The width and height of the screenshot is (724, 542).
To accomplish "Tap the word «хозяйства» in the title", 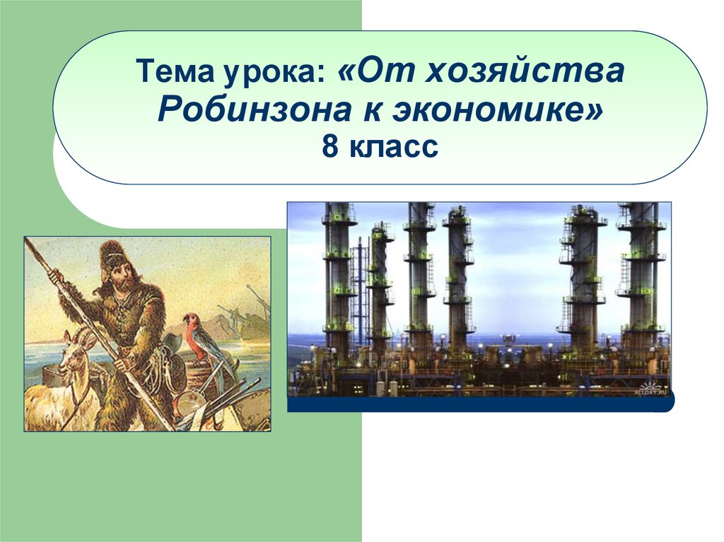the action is tap(525, 72).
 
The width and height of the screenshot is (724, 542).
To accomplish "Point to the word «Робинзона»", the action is tap(255, 111).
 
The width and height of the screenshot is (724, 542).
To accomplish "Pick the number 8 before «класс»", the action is tap(331, 147).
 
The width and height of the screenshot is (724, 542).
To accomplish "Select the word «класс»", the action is tap(392, 148).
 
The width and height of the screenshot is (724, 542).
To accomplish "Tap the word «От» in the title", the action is tap(378, 71).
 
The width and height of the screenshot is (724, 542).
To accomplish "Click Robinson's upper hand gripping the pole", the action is tap(57, 278).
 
